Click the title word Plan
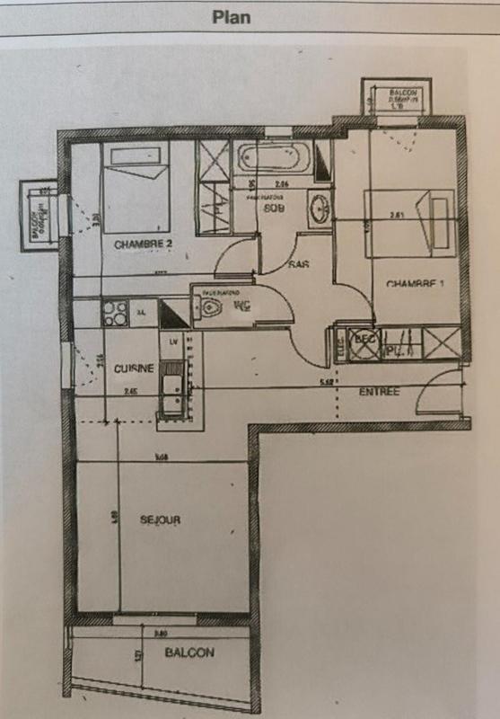(x=231, y=16)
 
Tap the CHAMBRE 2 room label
(x=144, y=244)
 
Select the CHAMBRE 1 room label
(x=416, y=284)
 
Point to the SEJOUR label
(x=162, y=519)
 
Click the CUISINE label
(x=134, y=368)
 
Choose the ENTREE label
(x=379, y=392)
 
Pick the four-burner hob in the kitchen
(x=116, y=312)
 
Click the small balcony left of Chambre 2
(x=39, y=214)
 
